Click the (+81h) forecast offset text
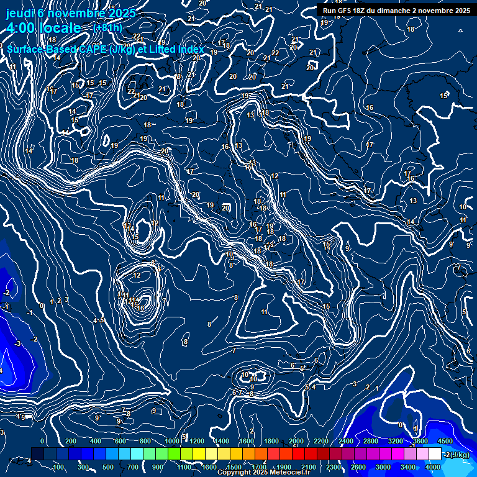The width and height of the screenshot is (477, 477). [107, 28]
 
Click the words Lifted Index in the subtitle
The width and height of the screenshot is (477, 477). [174, 49]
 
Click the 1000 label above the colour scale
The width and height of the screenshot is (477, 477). [172, 441]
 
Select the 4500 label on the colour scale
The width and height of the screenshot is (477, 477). [445, 441]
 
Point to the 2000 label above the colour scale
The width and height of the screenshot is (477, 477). [296, 441]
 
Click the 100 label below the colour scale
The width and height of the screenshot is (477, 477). [58, 467]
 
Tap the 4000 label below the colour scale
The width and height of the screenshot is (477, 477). [433, 467]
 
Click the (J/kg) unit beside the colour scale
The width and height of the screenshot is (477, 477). [460, 455]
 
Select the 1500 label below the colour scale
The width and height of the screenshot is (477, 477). [234, 467]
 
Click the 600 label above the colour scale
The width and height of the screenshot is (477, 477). [120, 441]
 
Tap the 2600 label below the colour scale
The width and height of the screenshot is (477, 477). [358, 467]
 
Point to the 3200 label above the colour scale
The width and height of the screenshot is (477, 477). [396, 441]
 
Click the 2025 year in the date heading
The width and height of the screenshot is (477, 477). [122, 13]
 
